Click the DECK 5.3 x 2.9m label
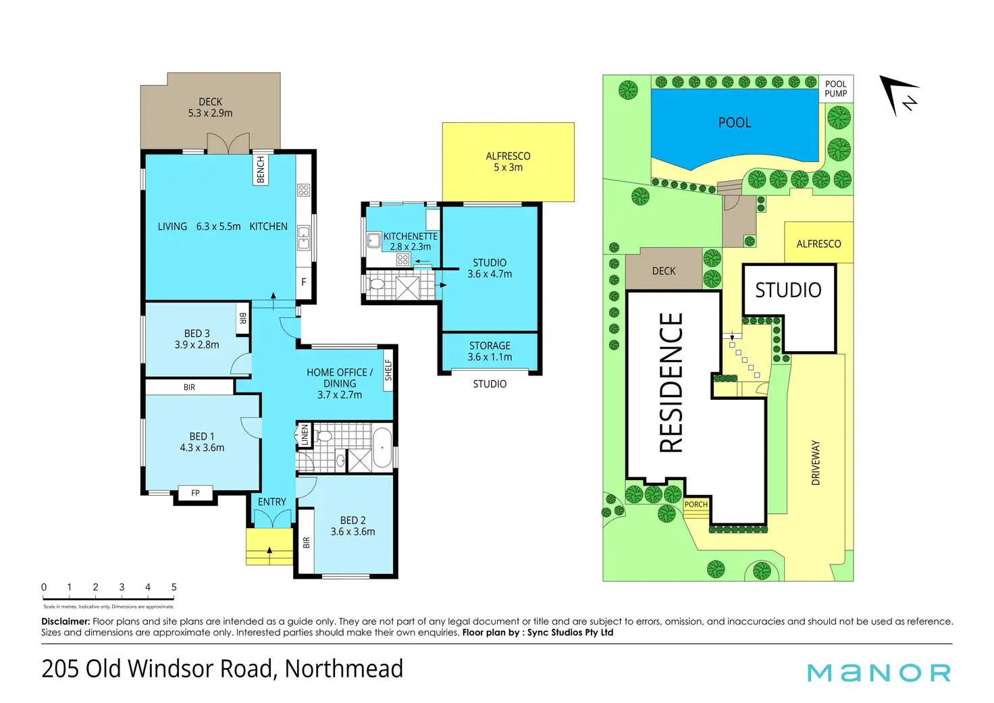210,107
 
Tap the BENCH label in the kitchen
261,170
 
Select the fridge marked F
304,282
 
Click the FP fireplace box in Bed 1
195,493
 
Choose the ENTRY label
272,502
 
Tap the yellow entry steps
269,546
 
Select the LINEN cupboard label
305,434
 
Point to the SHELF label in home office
388,369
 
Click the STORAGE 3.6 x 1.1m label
490,351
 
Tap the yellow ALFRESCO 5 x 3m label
508,161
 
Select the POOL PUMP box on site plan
835,89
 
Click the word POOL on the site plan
735,123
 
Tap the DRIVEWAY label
816,463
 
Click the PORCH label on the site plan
696,504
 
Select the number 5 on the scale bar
174,588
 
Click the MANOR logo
879,673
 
